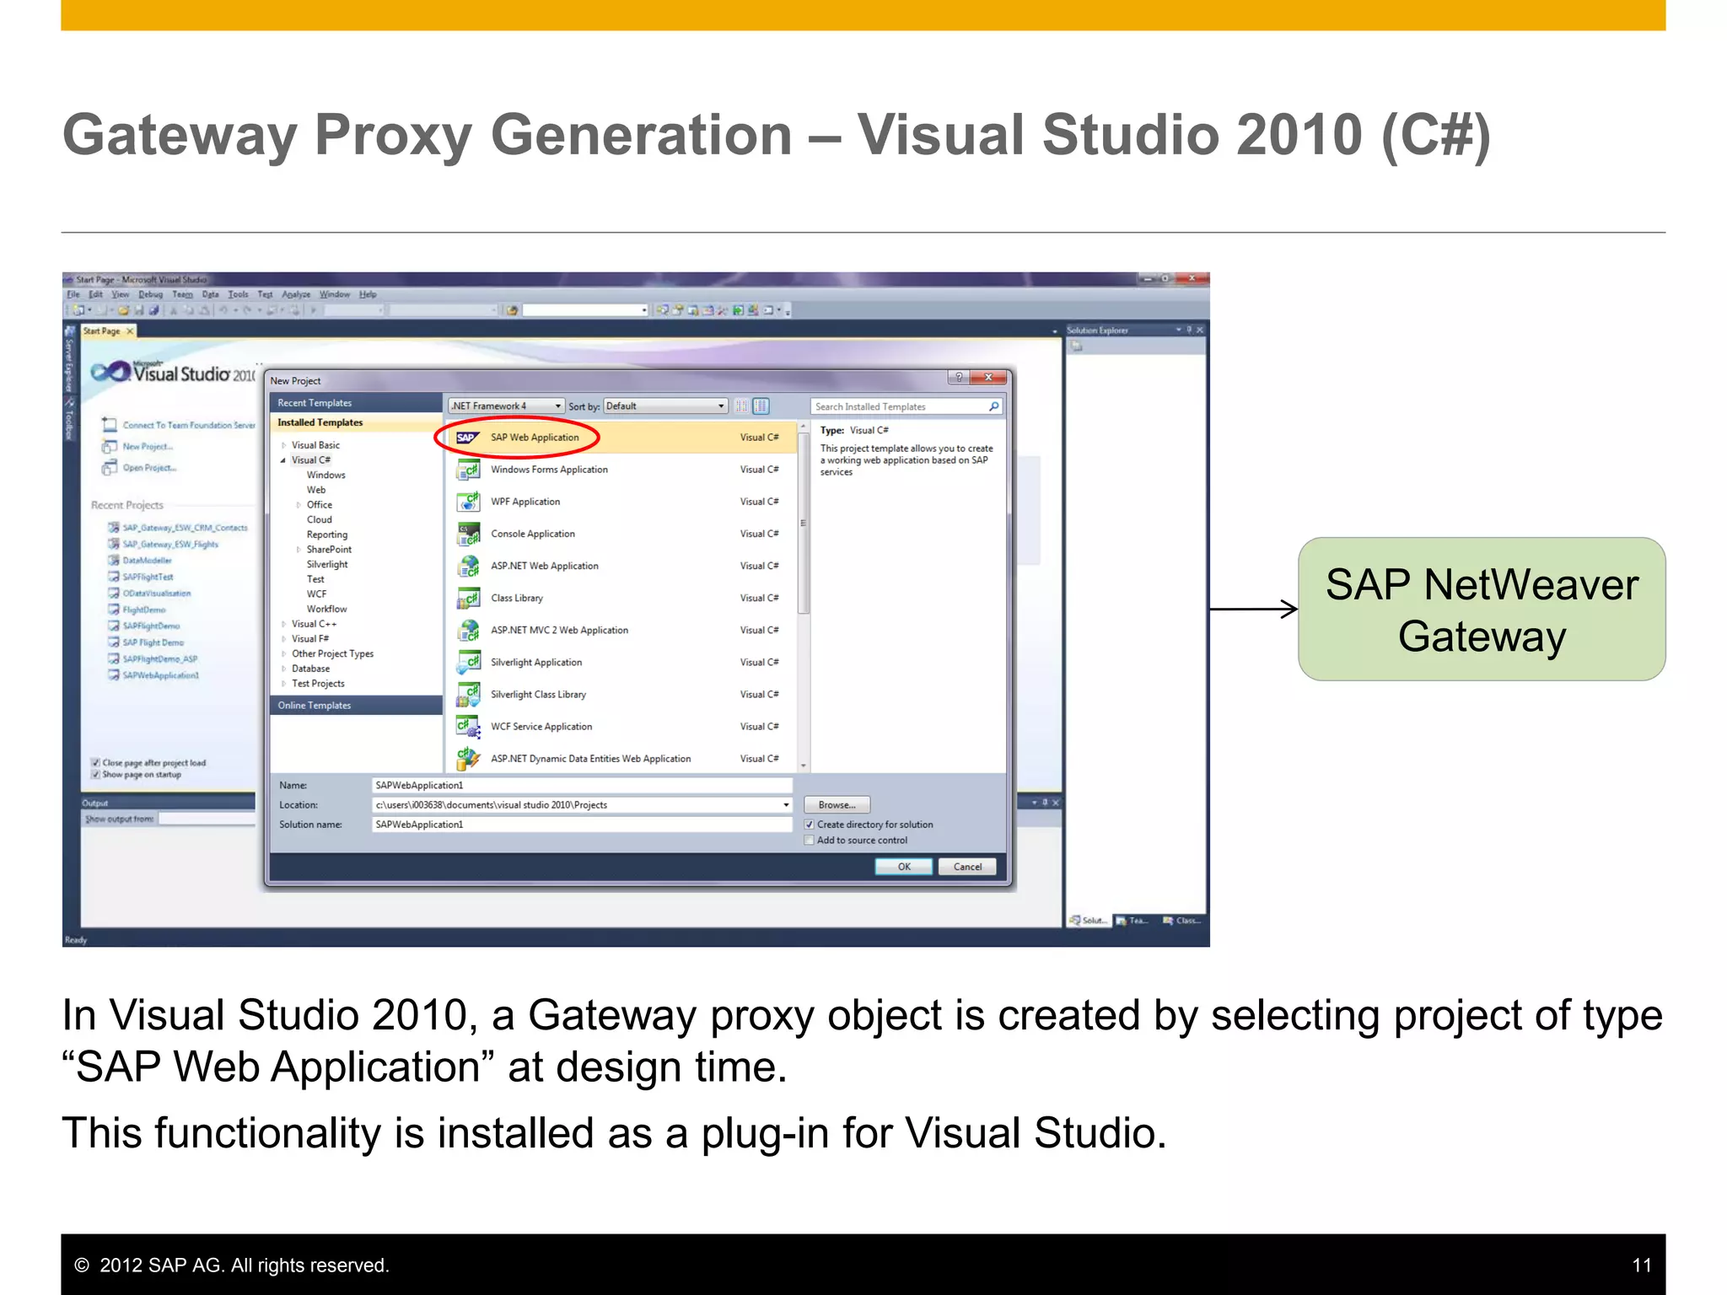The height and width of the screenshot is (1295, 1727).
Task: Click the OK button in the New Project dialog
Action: coord(903,867)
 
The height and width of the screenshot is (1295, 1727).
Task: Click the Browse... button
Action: coord(837,805)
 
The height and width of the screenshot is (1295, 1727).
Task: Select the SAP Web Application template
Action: coord(535,438)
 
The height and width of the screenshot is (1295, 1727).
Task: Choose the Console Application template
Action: coord(533,534)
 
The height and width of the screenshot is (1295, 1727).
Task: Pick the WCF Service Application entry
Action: coord(541,727)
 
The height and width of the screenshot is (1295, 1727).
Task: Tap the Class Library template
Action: coord(517,598)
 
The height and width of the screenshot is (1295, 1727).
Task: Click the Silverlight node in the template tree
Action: coord(327,565)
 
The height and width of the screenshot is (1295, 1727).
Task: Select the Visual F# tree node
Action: coord(310,639)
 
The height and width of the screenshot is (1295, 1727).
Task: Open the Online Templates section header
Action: coord(315,706)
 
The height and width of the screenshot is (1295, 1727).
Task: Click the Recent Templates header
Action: coord(315,403)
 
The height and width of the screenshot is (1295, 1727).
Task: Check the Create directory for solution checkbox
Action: coord(810,825)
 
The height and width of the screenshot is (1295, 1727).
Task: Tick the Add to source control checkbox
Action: coord(810,841)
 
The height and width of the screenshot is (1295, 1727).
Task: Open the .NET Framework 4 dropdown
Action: coord(506,406)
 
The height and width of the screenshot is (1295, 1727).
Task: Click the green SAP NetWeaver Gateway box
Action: coord(1482,610)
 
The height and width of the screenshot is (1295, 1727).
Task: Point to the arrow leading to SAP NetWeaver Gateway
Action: coord(1253,609)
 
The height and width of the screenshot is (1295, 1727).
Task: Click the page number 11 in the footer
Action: coord(1641,1265)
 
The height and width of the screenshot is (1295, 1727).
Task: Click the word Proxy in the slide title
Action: coord(392,136)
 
